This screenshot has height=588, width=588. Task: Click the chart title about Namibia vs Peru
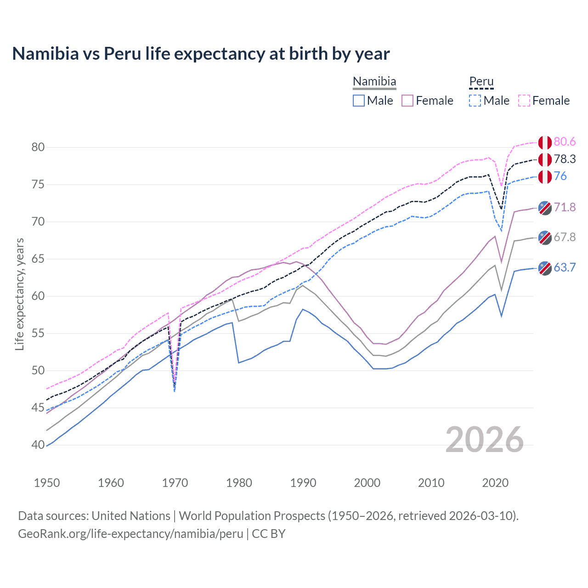[201, 54]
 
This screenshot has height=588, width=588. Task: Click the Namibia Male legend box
[359, 101]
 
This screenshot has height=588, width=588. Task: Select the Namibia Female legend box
[407, 101]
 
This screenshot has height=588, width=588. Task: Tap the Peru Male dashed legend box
[475, 101]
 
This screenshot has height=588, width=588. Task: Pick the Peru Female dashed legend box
[524, 101]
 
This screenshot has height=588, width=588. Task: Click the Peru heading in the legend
[481, 82]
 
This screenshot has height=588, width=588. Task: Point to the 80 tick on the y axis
[38, 147]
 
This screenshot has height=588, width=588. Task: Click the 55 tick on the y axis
[38, 334]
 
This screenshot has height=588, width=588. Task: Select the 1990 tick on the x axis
[303, 483]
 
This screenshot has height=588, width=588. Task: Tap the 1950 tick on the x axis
[47, 483]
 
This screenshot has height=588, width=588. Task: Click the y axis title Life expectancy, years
[19, 294]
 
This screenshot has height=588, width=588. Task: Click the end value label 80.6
[565, 142]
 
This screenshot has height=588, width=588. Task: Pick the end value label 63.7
[565, 267]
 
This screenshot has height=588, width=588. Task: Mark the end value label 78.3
[565, 159]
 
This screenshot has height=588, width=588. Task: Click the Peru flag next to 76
[545, 176]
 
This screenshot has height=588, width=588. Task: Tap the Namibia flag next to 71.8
[545, 208]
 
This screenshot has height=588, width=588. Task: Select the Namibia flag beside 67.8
[545, 237]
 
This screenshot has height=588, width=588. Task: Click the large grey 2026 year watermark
[484, 440]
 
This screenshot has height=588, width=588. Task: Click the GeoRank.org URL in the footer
[130, 534]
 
